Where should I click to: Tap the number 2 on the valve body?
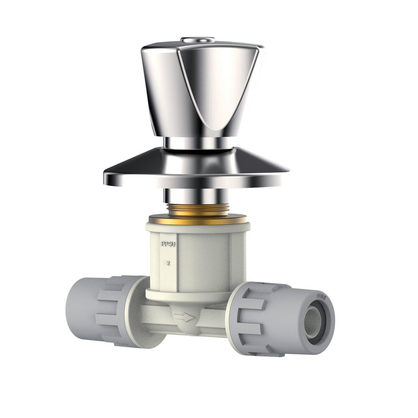(x=168, y=263)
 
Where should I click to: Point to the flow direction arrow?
(x=184, y=317)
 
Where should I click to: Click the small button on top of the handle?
(x=197, y=40)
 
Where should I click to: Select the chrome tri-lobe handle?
(x=201, y=88)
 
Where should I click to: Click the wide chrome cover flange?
(x=196, y=169)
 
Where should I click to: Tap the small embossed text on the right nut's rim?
(x=322, y=297)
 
